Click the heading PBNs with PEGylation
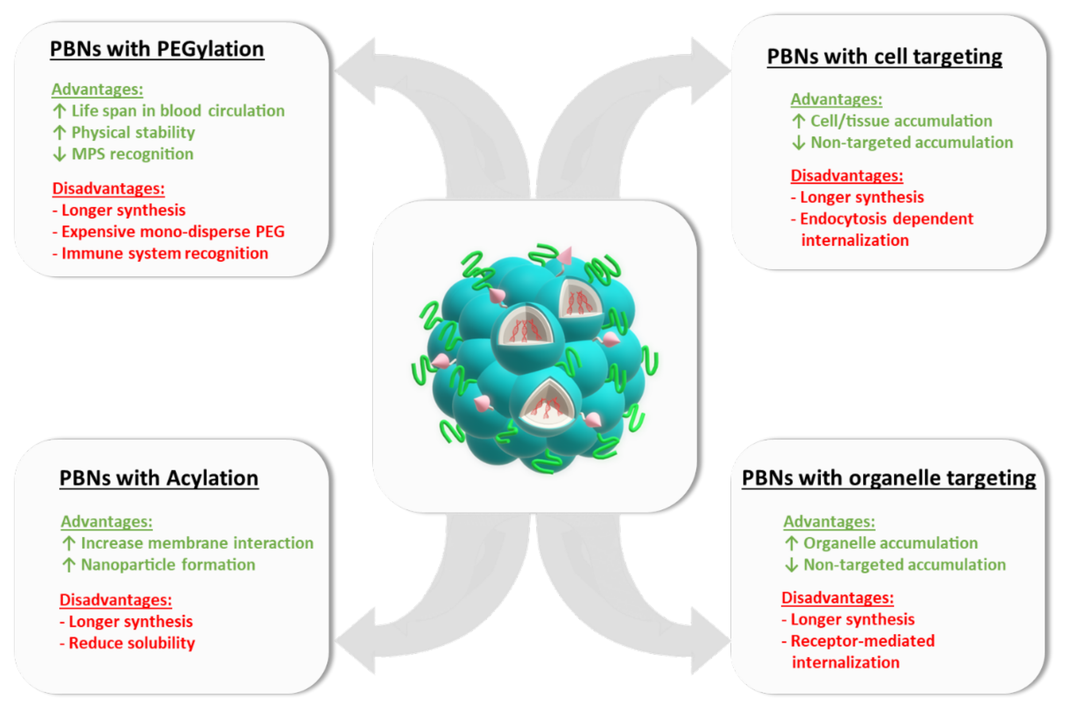coord(157,49)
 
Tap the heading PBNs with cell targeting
coord(884,57)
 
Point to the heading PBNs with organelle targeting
coord(889,478)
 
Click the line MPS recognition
coord(132,154)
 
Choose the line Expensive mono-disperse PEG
coord(173,232)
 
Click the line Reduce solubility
coord(131,643)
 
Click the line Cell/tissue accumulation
coord(901,121)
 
